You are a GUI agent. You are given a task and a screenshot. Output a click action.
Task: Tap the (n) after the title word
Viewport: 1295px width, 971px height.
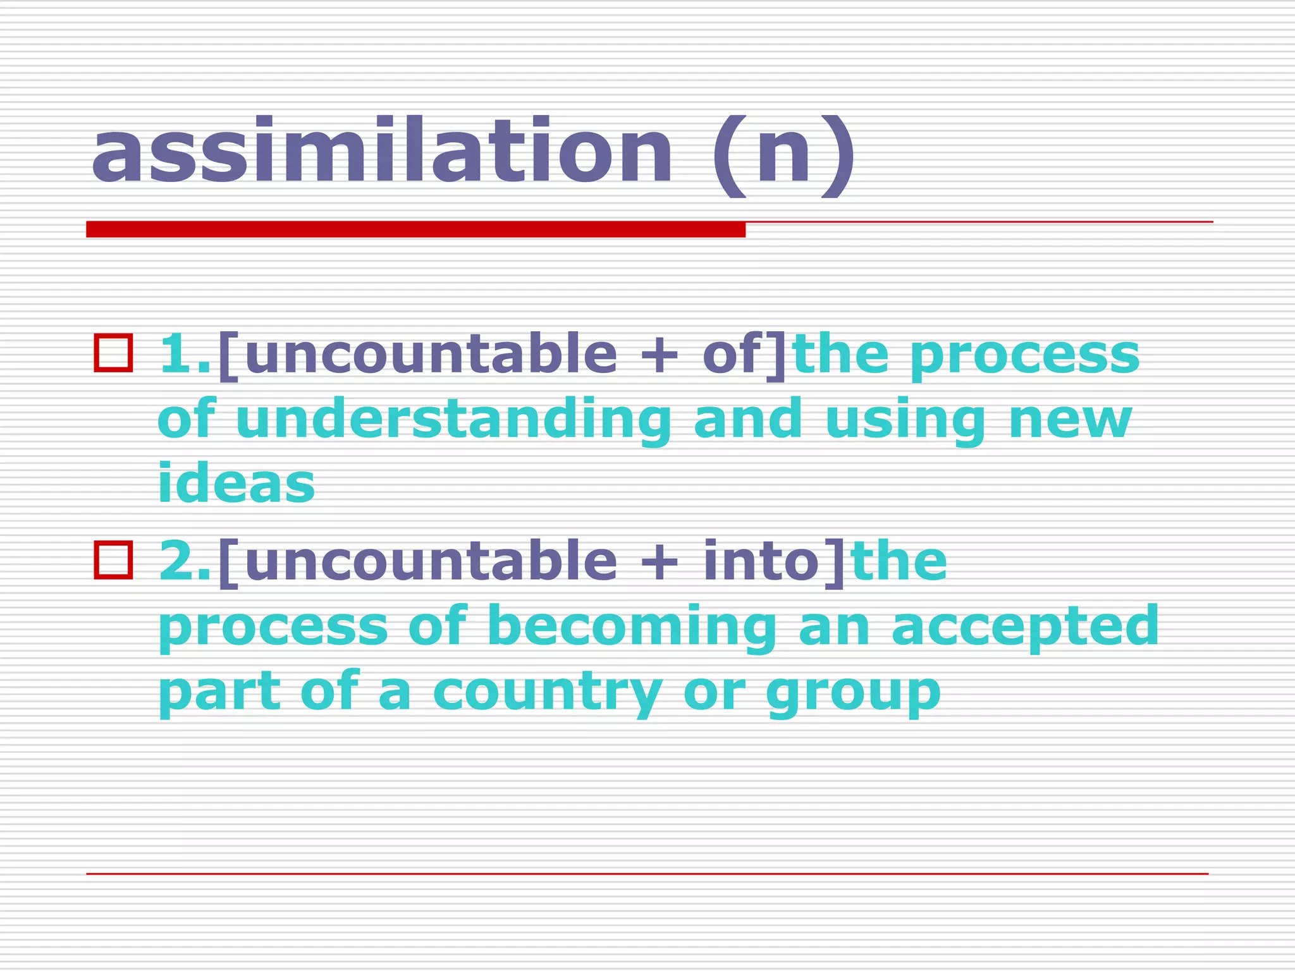pyautogui.click(x=784, y=155)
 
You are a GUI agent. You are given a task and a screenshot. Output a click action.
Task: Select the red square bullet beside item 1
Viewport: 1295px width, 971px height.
pyautogui.click(x=113, y=353)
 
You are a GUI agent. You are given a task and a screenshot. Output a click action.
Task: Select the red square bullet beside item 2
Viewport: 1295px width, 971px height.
pyautogui.click(x=113, y=560)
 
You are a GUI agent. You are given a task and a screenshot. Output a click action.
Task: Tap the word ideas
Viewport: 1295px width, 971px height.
pyautogui.click(x=236, y=484)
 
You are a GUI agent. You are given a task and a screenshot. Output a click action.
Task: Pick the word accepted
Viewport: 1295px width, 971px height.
pyautogui.click(x=1025, y=627)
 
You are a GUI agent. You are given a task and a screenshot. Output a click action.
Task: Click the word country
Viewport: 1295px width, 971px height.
pyautogui.click(x=548, y=693)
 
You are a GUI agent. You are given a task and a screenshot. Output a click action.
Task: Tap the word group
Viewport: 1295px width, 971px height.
pyautogui.click(x=854, y=694)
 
